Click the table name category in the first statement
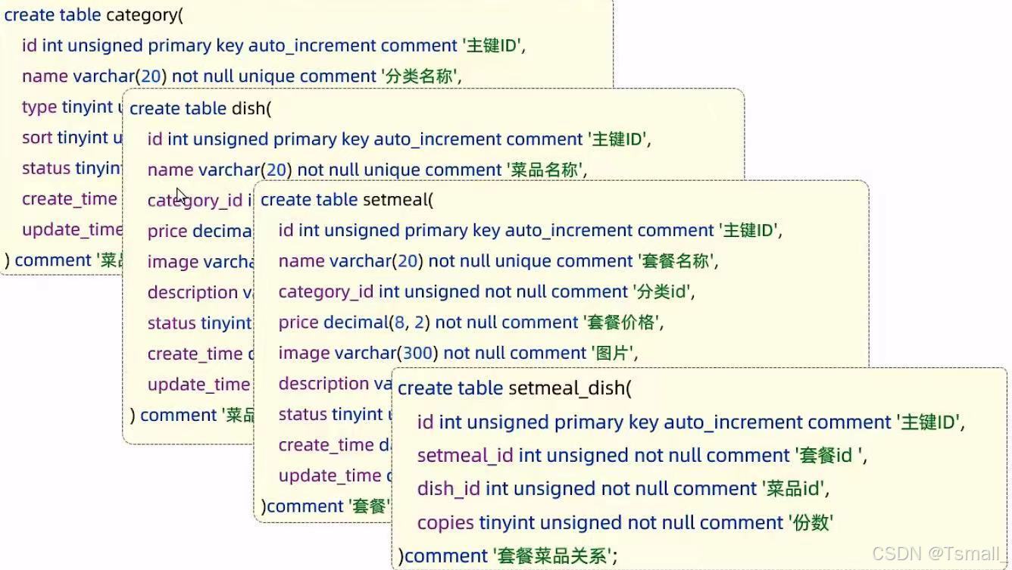coord(142,14)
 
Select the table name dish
coord(248,108)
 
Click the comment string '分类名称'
coord(419,76)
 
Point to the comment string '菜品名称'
coord(545,170)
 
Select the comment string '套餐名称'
coord(676,261)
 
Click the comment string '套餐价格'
coord(621,322)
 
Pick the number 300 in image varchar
coord(419,353)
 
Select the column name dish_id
coord(448,489)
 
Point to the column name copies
coord(445,522)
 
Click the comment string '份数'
coord(811,522)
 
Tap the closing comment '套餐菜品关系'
coord(552,556)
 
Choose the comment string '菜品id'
coord(795,489)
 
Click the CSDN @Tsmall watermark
coord(939,554)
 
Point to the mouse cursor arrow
coord(181,196)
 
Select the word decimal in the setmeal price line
coord(355,322)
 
